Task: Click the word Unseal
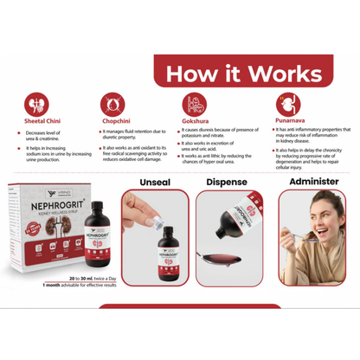160,182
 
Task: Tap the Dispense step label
232,182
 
